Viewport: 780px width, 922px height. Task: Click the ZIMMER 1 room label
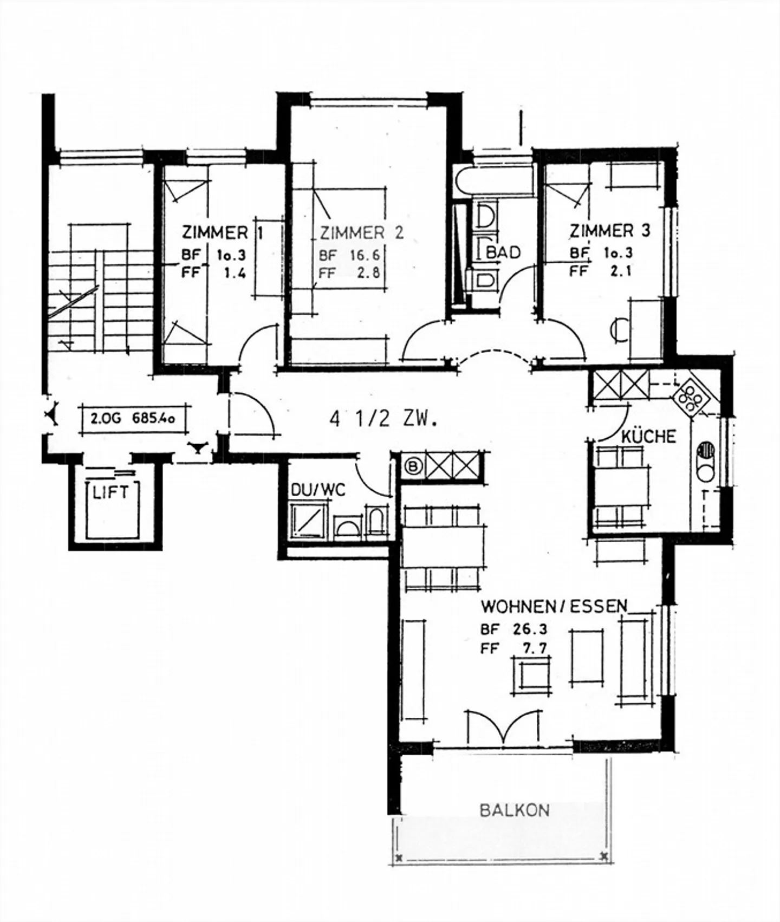223,233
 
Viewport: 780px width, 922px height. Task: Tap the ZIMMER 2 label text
361,233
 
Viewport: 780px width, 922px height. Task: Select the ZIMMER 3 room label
609,231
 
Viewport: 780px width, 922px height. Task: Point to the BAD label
504,252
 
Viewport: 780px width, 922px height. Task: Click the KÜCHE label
649,436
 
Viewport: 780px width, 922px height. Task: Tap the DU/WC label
318,490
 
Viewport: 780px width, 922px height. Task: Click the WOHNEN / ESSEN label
554,606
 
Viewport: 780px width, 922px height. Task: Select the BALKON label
515,810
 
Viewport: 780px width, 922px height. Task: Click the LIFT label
110,492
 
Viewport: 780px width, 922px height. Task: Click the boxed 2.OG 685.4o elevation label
135,418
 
